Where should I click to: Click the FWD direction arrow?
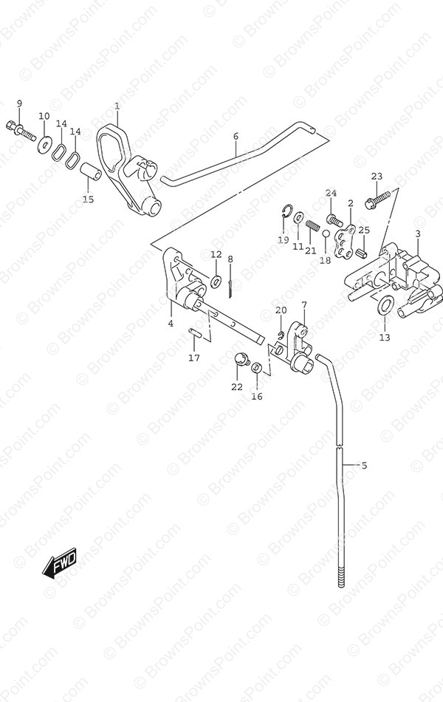[x=60, y=562]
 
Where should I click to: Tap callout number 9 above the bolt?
[x=19, y=104]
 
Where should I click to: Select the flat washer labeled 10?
[x=44, y=143]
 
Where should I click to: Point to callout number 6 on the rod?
[x=236, y=137]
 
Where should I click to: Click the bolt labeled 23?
[x=381, y=199]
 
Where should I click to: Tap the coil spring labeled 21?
[x=312, y=226]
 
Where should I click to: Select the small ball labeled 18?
[x=326, y=234]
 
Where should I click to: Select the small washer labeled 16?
[x=256, y=367]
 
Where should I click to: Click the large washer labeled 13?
[x=385, y=305]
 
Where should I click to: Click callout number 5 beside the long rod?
[x=364, y=466]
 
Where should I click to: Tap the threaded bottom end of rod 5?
[x=342, y=576]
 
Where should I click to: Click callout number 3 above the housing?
[x=417, y=234]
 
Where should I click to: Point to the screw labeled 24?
[x=334, y=219]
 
